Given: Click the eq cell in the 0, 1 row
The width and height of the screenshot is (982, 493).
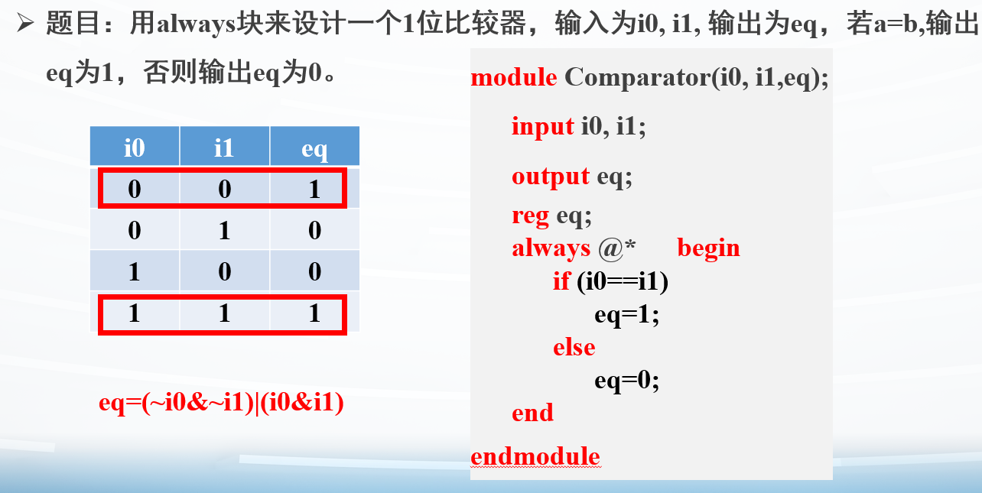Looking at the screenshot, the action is click(x=315, y=229).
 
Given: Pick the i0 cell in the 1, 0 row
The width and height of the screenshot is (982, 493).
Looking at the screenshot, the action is click(x=135, y=271).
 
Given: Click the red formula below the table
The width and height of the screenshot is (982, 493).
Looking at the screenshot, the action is click(x=221, y=402).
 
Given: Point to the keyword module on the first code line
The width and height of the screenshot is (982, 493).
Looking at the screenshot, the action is click(x=514, y=77).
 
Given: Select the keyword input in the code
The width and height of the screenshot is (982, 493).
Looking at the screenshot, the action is click(x=543, y=127).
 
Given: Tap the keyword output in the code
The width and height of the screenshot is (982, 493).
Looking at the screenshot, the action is click(x=551, y=177).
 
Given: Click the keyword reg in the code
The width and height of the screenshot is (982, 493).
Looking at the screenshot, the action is click(x=531, y=216).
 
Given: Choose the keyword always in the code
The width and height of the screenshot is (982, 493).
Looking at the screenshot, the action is click(x=551, y=249).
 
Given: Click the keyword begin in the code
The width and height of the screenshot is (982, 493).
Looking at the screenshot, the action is click(x=708, y=249).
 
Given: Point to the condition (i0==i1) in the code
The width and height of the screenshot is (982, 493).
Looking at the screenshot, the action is click(x=623, y=281).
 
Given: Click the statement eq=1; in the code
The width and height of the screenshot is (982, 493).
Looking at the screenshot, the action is click(x=627, y=315).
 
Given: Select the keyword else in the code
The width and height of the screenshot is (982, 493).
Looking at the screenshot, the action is click(x=574, y=348).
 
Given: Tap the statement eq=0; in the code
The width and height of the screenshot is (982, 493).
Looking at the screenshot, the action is click(x=627, y=381).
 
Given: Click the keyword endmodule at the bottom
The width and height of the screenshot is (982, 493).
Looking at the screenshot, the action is click(x=535, y=456).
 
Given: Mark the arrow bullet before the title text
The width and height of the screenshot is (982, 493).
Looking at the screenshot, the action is click(x=25, y=23).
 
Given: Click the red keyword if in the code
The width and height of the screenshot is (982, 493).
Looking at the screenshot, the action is click(x=561, y=281).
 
